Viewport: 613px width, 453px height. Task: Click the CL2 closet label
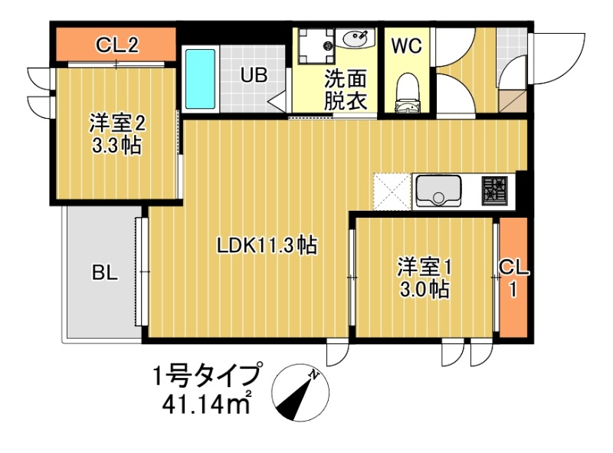pos(116,44)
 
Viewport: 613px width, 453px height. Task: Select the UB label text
pos(254,75)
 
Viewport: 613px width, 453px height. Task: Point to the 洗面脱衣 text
pos(345,90)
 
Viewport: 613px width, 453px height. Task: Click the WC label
pos(406,45)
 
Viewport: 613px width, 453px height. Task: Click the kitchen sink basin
pos(438,192)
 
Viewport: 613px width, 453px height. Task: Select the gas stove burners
pos(494,190)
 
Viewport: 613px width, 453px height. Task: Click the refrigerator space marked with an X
pos(392,191)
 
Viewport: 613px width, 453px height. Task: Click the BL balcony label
pos(105,272)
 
